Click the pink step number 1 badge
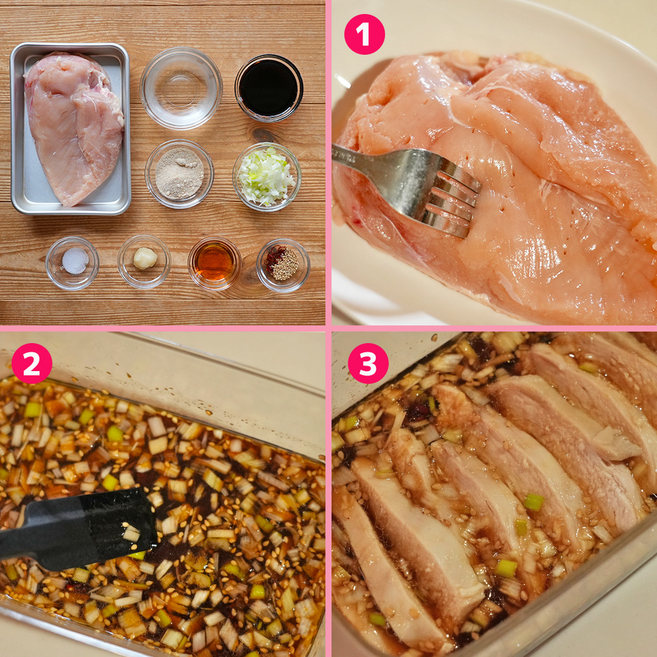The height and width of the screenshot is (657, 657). [x=364, y=34]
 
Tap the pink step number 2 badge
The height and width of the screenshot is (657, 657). [x=32, y=363]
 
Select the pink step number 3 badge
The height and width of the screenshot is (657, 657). [x=367, y=363]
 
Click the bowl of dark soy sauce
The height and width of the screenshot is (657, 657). [x=269, y=88]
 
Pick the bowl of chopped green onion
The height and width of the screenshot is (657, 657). [x=266, y=176]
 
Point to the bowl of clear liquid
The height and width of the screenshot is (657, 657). [x=181, y=88]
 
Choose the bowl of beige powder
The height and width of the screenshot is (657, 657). [x=179, y=173]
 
